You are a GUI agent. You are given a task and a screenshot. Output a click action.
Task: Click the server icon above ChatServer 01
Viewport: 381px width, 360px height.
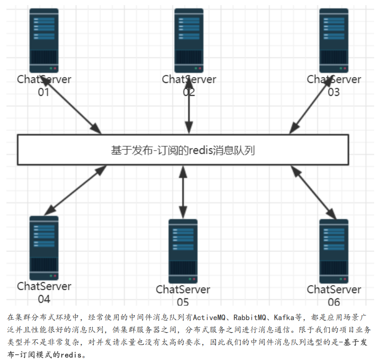point(44,41)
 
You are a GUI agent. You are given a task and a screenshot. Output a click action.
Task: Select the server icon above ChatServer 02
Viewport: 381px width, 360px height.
point(189,41)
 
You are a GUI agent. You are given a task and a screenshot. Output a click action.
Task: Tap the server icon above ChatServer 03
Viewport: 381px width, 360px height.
point(334,41)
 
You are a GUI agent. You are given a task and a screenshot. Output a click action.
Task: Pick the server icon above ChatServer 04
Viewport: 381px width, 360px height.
point(44,247)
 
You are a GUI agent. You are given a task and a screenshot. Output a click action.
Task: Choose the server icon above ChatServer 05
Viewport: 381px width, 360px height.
point(183,251)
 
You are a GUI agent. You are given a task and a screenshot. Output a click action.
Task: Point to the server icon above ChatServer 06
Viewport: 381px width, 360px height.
point(334,251)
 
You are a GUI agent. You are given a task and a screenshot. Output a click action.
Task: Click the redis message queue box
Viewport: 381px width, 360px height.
point(183,150)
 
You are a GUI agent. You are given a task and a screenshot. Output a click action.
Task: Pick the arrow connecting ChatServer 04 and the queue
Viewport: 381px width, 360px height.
point(75,190)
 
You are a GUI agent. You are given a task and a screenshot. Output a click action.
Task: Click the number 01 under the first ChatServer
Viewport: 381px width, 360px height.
point(44,92)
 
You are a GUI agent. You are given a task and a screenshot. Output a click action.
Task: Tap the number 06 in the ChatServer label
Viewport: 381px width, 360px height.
point(334,302)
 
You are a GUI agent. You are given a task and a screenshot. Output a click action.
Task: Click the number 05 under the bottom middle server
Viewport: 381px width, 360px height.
point(183,302)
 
